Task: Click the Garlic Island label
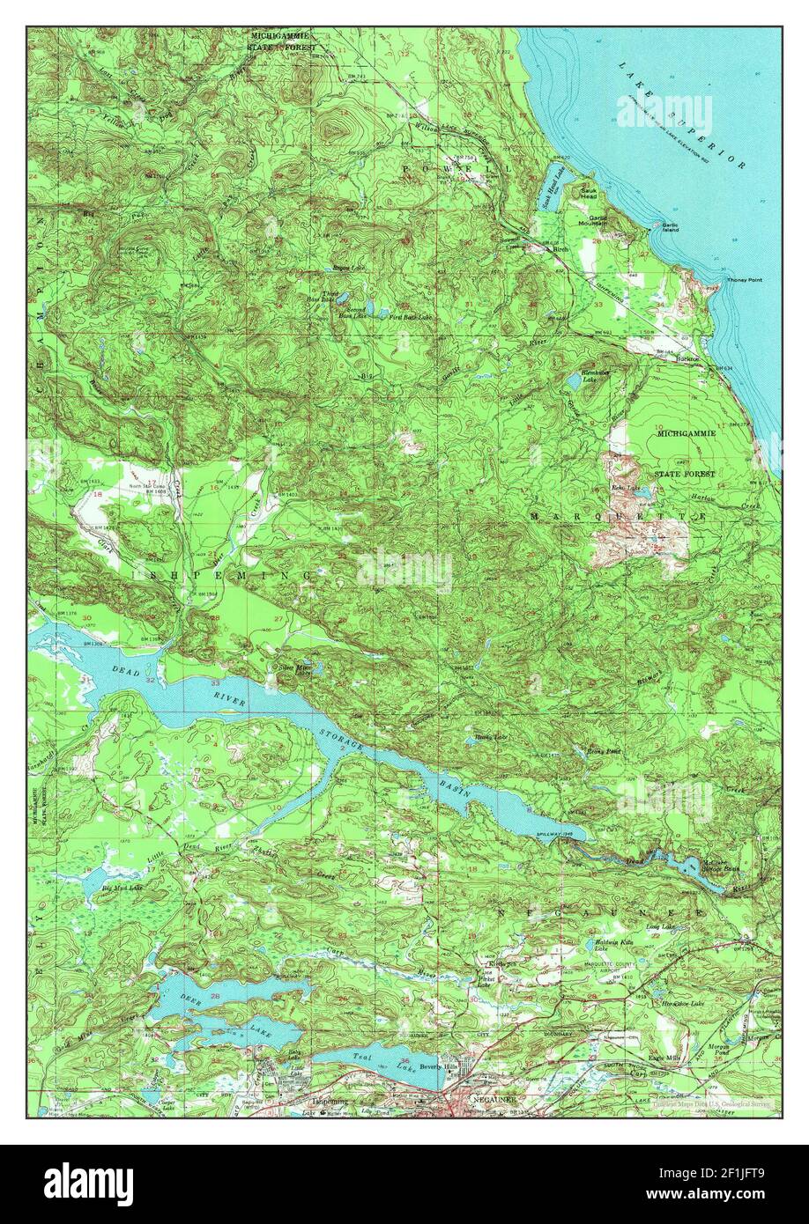(x=672, y=228)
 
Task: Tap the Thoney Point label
(x=744, y=280)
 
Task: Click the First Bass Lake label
(x=411, y=317)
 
